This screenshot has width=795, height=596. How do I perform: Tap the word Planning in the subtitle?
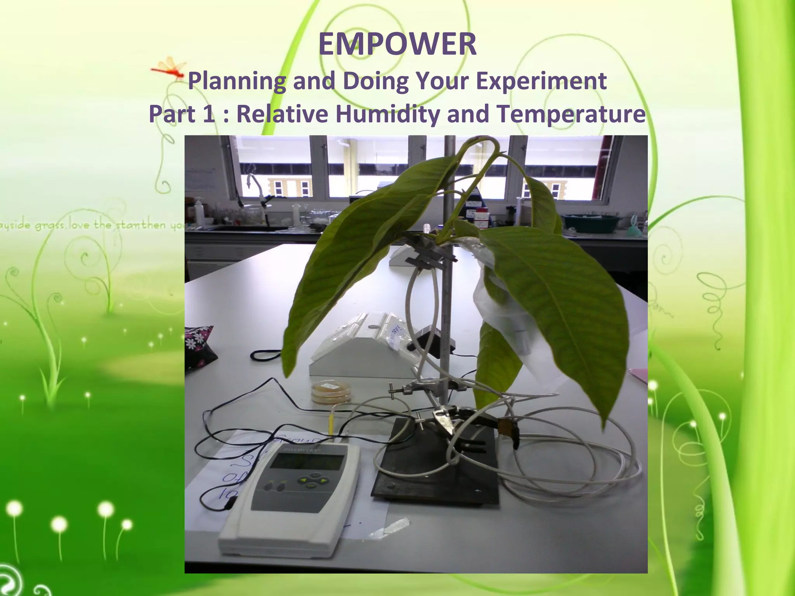[x=237, y=81]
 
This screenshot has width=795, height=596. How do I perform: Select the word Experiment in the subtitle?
[x=541, y=81]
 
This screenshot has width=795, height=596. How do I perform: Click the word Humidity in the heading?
[x=388, y=114]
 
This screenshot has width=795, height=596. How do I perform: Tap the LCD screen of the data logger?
[x=307, y=462]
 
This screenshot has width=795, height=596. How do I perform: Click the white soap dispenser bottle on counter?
[x=199, y=211]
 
